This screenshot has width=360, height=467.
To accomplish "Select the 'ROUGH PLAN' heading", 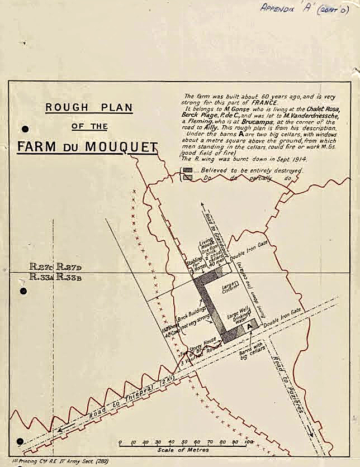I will [89, 107].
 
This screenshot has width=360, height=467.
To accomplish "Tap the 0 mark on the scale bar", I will [120, 442].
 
